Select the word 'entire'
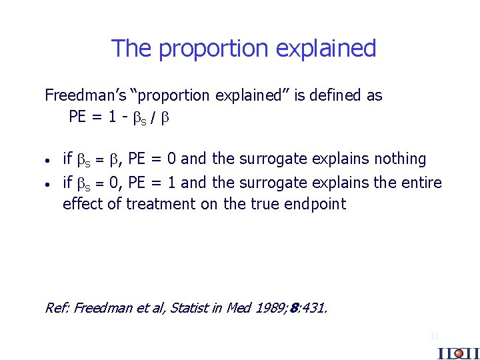click(x=421, y=182)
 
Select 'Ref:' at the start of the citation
click(x=57, y=307)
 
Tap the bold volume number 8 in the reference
click(x=294, y=308)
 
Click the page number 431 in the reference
click(x=313, y=307)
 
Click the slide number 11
click(x=434, y=337)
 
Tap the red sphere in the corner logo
click(x=458, y=353)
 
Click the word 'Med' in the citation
click(x=236, y=307)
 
